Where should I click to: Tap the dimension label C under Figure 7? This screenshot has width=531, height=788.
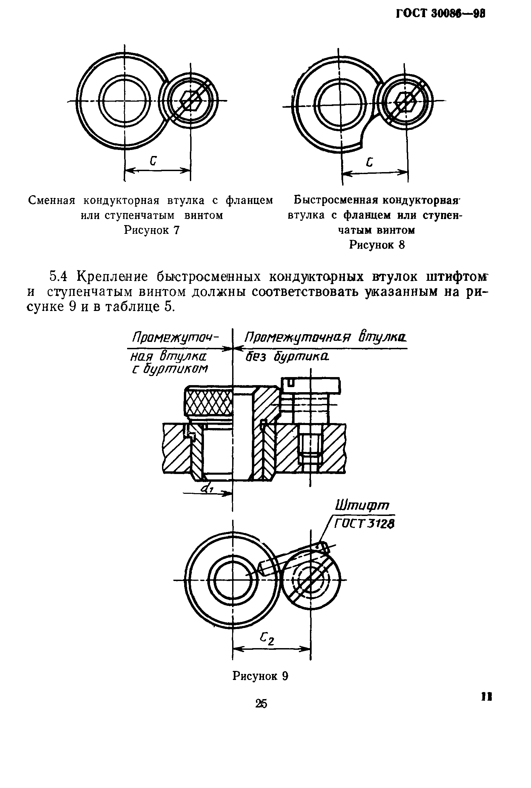coord(153,161)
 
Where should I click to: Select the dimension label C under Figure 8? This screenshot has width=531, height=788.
coord(370,163)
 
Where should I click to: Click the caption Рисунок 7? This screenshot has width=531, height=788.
coord(151,230)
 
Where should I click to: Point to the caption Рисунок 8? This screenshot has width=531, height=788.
coord(377,245)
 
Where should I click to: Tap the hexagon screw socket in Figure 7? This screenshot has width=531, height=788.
coord(191,101)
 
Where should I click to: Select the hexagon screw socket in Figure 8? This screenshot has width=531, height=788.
coord(406,101)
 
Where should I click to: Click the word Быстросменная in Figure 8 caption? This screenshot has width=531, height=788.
coord(335,200)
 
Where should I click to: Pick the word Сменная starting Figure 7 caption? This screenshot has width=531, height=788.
coord(51,201)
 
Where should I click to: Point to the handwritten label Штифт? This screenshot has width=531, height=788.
coord(362,506)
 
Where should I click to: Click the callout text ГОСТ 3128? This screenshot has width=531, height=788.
coord(364,524)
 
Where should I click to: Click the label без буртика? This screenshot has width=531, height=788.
coord(287,357)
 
